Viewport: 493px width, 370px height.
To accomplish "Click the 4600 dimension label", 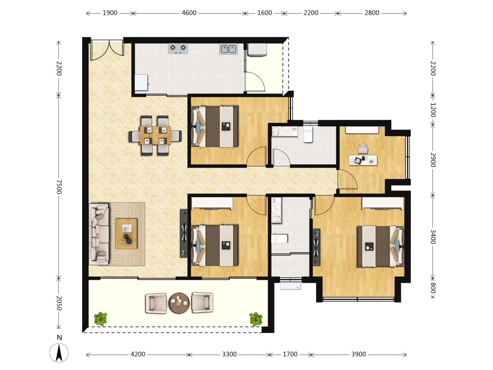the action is pos(189,13).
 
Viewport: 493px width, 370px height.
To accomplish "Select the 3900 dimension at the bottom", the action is pos(358,354).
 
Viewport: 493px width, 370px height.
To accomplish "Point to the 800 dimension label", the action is pos(433,288).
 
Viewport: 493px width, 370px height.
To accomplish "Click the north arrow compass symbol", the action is pos(59,352).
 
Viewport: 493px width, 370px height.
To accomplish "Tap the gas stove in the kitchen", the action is pos(178,49).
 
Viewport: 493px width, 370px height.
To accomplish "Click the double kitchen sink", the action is pos(228,49).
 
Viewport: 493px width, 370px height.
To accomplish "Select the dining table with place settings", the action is pos(155,135).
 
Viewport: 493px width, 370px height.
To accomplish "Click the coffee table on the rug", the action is pos(126,234).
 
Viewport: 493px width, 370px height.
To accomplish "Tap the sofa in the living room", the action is pos(99,234).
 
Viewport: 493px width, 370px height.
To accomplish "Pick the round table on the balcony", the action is pos(179,303).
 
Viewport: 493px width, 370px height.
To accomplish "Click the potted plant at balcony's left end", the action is pos(100,319).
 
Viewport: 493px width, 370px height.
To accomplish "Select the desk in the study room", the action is pos(363,160).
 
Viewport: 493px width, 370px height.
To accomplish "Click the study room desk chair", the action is pos(363,149).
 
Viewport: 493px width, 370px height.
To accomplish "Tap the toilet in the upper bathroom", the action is pos(308,134).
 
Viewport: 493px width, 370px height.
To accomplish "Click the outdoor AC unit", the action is pos(291,286).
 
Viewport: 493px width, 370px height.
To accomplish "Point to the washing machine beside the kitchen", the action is pos(257,50).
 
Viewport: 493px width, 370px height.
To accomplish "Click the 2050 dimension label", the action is pos(59,303).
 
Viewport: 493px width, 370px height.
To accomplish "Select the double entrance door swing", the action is pos(107,50).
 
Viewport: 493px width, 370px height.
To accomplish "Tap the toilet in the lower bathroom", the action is pos(279,238).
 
